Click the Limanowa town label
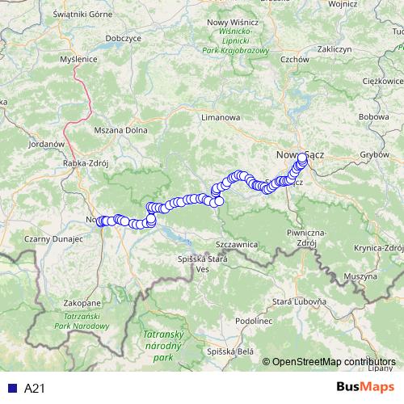click(222, 117)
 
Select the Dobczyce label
click(123, 38)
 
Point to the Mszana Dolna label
click(118, 129)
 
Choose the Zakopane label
click(82, 302)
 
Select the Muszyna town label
click(360, 276)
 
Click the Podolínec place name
click(234, 320)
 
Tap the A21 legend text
click(34, 389)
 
